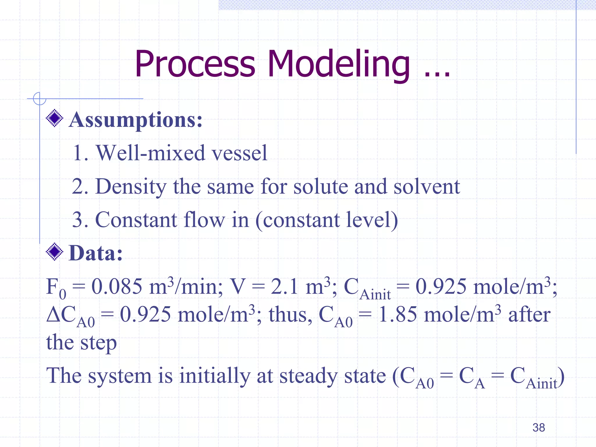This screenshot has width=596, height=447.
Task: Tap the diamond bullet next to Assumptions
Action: coord(54,118)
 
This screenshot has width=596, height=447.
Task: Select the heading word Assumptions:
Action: coord(136,120)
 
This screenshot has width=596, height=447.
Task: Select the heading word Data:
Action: coord(95,253)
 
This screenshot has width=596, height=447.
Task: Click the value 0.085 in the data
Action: coord(117,286)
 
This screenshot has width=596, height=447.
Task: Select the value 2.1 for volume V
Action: coord(284,286)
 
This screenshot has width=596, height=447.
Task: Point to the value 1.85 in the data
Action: coord(398,315)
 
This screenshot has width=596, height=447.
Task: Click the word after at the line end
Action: coord(529,315)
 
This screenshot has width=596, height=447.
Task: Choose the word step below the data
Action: coord(98,343)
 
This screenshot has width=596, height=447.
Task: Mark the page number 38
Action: coord(538,428)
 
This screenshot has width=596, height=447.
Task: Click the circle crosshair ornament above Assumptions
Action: coord(40,99)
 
